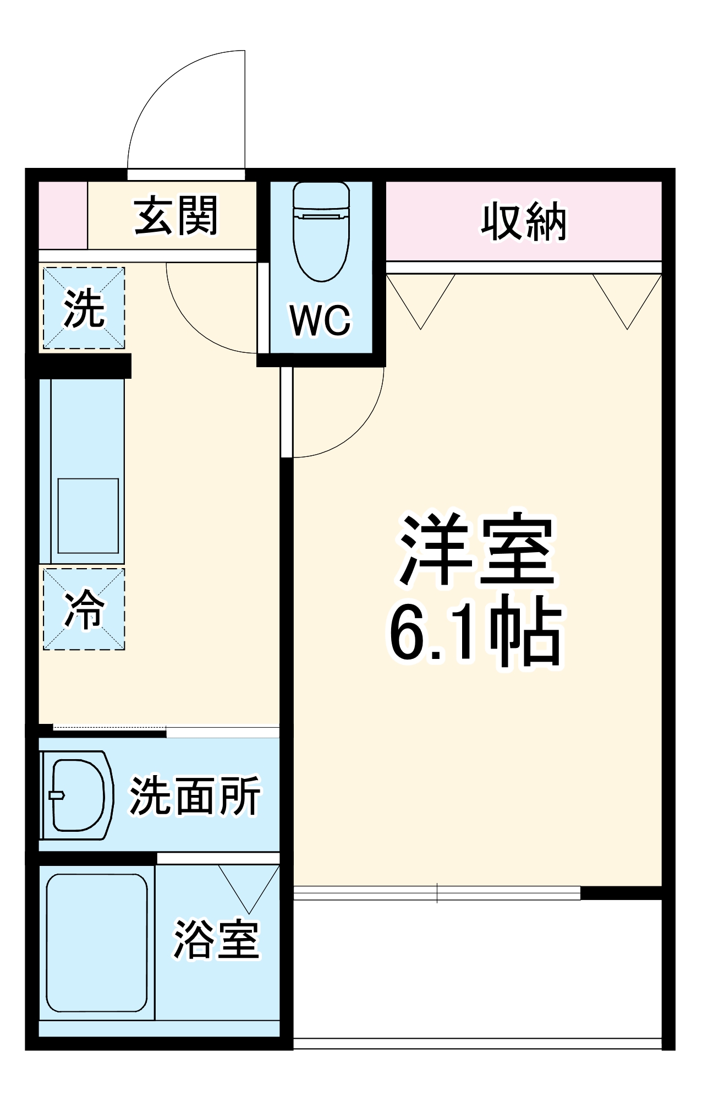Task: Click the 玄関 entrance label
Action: [177, 216]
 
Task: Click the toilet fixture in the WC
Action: [321, 231]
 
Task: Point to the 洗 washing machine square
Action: [84, 308]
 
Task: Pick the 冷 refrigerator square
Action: [84, 609]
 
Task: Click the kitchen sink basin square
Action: [88, 516]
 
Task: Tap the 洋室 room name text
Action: [476, 550]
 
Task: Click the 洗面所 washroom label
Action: [195, 796]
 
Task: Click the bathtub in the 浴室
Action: [97, 943]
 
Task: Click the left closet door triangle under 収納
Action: [421, 297]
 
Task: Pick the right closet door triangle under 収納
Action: [627, 297]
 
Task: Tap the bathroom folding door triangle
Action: [249, 884]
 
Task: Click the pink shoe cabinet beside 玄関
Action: [62, 215]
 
